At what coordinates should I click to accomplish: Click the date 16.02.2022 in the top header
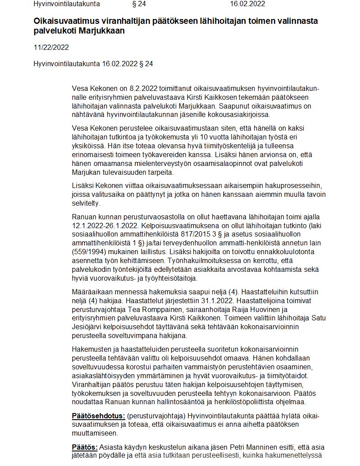click(247, 4)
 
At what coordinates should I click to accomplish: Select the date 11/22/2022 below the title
click(51, 48)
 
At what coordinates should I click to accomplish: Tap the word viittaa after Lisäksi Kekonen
click(130, 187)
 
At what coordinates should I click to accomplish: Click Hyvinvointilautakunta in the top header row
click(67, 4)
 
